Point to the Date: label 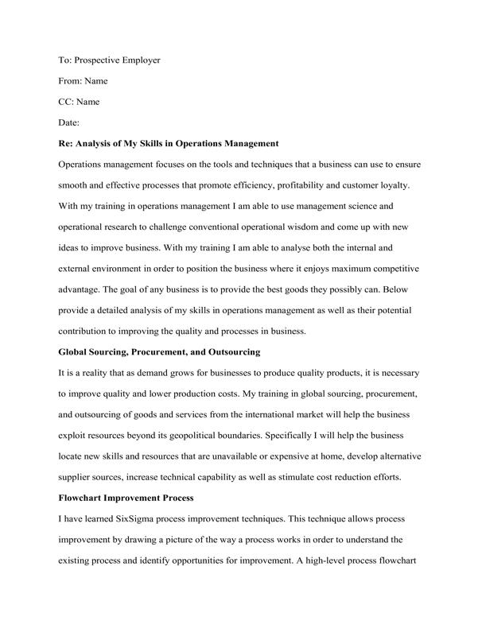point(70,122)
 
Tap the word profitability point(314,184)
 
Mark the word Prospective point(95,60)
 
